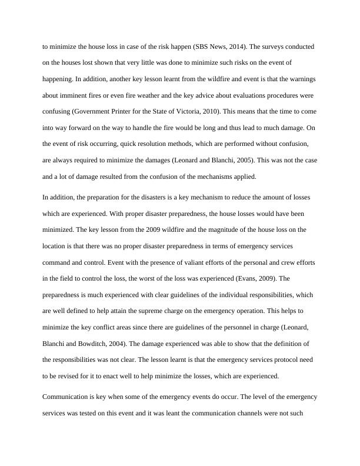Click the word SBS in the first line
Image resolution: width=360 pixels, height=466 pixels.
tap(201, 46)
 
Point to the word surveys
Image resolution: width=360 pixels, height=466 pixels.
tap(268, 46)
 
